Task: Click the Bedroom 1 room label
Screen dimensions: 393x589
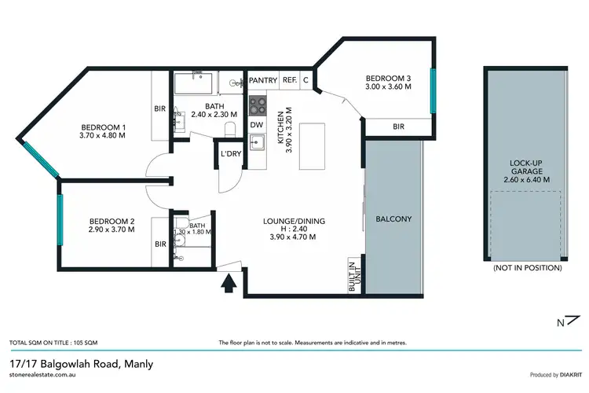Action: pyautogui.click(x=104, y=127)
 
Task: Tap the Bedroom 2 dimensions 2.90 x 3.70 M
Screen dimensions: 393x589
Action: pyautogui.click(x=111, y=230)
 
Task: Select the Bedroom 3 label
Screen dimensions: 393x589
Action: pyautogui.click(x=388, y=79)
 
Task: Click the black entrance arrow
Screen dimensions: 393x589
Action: pyautogui.click(x=230, y=281)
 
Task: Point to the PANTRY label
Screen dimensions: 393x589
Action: pyautogui.click(x=262, y=79)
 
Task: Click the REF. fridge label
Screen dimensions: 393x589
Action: pyautogui.click(x=289, y=79)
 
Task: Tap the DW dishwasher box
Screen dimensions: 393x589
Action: pyautogui.click(x=257, y=124)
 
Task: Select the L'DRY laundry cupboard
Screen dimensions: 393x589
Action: pyautogui.click(x=231, y=153)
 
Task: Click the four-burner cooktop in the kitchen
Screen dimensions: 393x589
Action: pyautogui.click(x=258, y=104)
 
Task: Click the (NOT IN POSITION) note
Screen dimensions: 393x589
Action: pyautogui.click(x=527, y=268)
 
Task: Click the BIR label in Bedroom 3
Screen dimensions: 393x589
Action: pyautogui.click(x=398, y=126)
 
